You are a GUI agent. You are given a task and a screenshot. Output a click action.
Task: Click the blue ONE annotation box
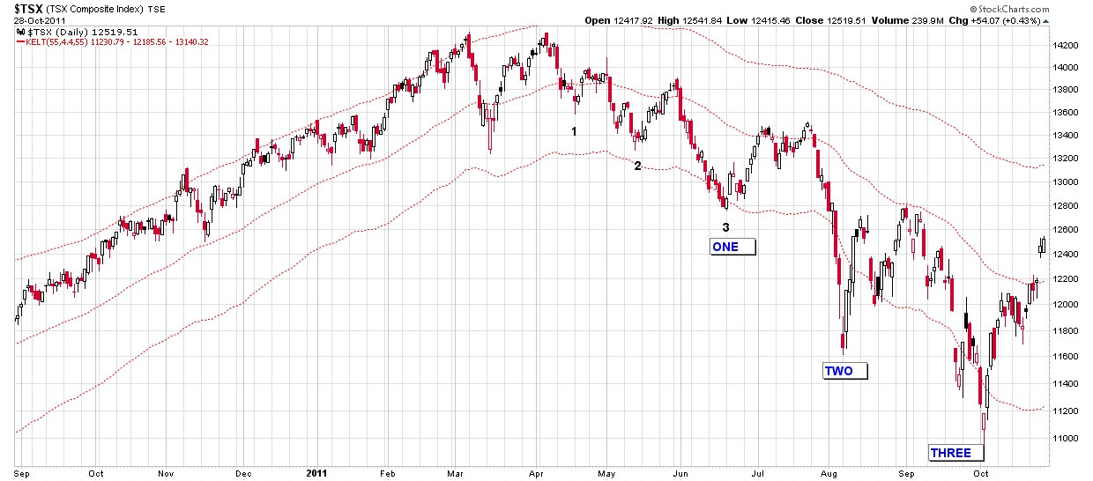(732, 247)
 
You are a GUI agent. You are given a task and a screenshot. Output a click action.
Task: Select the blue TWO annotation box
(844, 370)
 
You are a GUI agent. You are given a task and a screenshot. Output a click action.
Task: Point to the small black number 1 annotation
(574, 131)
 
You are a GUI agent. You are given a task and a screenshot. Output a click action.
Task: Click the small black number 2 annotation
(637, 166)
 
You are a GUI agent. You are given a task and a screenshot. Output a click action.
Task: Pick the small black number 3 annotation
(725, 226)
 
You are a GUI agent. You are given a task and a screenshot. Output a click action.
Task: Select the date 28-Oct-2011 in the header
(35, 19)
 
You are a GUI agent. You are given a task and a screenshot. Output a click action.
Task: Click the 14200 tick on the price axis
(1068, 45)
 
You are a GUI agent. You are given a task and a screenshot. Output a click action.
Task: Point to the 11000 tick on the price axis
(1068, 438)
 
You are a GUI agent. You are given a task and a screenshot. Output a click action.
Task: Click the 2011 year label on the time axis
(317, 472)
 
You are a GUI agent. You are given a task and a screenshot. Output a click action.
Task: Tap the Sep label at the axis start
(23, 472)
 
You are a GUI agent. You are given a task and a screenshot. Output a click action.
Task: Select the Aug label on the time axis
(832, 472)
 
